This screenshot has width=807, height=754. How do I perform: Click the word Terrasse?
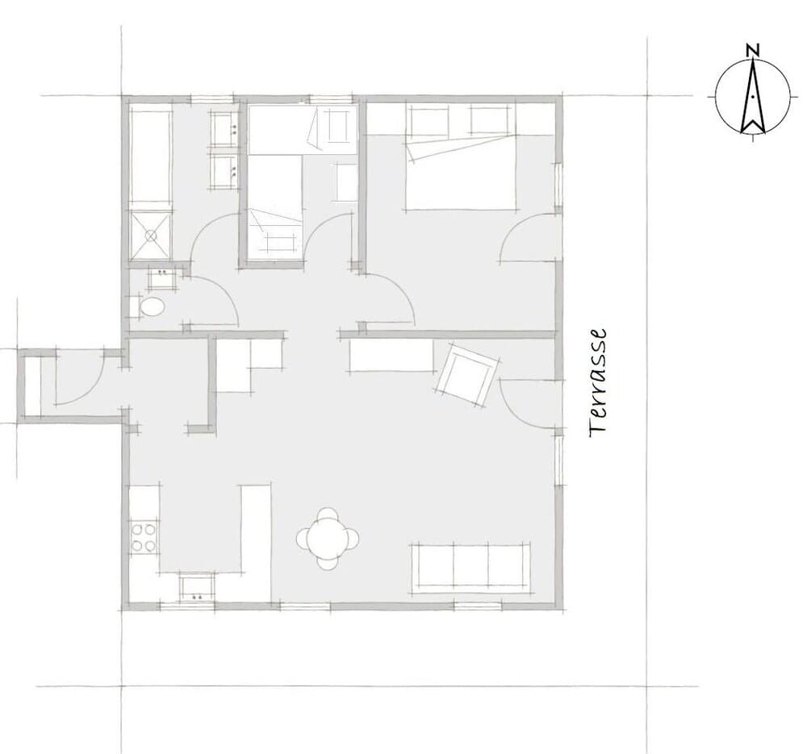click(x=598, y=383)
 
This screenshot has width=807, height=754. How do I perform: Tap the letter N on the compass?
click(x=752, y=50)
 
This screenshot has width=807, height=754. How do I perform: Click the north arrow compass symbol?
click(x=752, y=94)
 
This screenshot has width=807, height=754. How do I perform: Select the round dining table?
click(x=328, y=539)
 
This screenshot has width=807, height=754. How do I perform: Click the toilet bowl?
click(x=152, y=307)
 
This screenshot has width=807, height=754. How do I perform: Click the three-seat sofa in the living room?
click(x=470, y=567)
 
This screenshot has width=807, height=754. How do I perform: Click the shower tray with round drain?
click(x=150, y=236)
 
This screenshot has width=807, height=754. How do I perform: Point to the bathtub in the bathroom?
click(x=150, y=156)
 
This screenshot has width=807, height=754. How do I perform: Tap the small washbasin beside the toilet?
click(x=163, y=278)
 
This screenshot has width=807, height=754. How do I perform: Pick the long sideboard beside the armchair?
click(x=391, y=355)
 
